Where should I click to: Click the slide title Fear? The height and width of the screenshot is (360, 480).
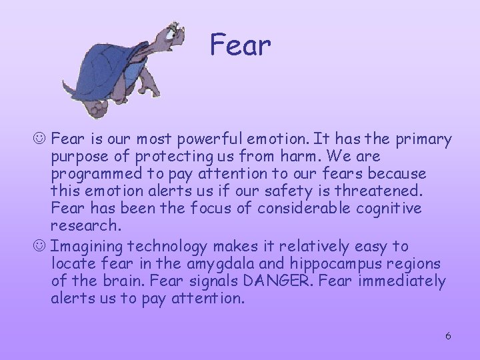point(240,45)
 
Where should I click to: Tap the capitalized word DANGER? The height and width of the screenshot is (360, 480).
point(284,281)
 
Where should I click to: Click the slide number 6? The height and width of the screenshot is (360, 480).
point(448,335)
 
